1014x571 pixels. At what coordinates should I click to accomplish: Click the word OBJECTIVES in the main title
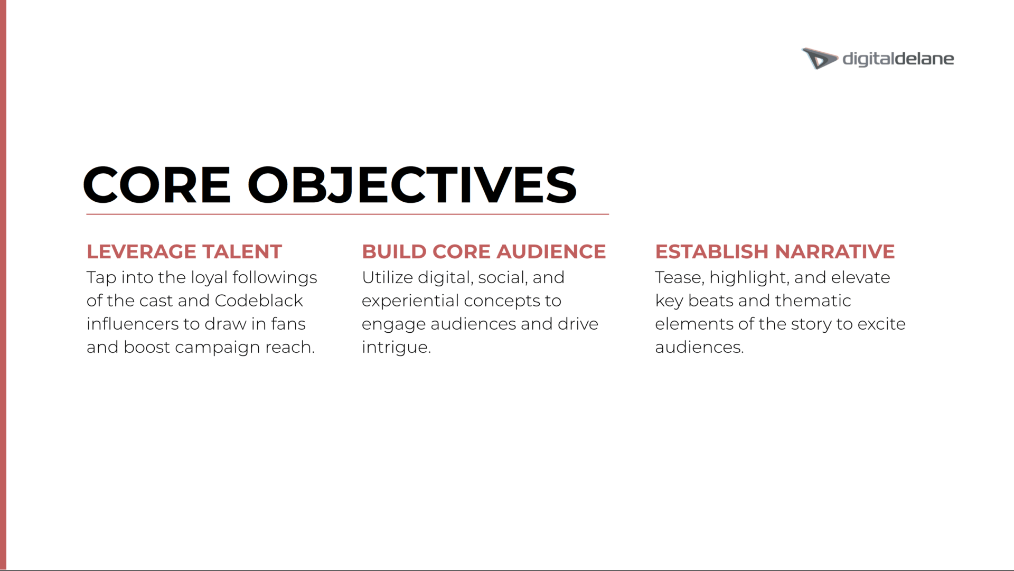pyautogui.click(x=412, y=184)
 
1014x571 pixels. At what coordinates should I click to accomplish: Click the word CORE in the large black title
pyautogui.click(x=157, y=184)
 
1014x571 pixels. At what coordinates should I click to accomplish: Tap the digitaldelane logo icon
pyautogui.click(x=819, y=58)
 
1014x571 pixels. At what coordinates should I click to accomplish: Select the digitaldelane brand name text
pyautogui.click(x=898, y=59)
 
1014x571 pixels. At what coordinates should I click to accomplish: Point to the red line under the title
pyautogui.click(x=348, y=214)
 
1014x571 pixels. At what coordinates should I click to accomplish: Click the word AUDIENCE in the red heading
pyautogui.click(x=551, y=251)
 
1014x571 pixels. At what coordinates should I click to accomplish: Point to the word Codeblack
pyautogui.click(x=259, y=301)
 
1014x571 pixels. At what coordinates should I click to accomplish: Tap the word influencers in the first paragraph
pyautogui.click(x=133, y=324)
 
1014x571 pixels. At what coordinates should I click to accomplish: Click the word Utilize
pyautogui.click(x=387, y=277)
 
